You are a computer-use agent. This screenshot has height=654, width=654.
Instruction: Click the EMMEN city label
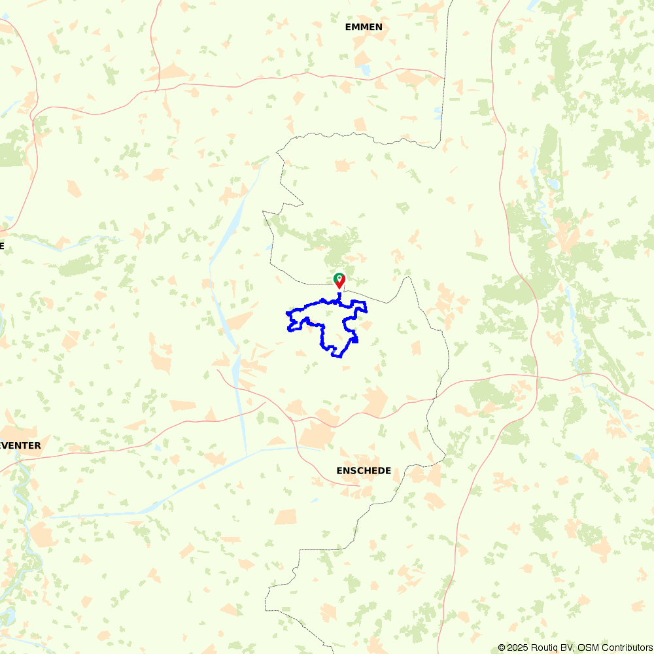coord(364,27)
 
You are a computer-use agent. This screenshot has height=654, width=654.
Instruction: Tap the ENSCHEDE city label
coord(364,470)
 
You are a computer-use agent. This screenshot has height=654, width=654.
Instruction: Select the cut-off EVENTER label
coord(20,445)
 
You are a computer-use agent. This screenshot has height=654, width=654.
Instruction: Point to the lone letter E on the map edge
coord(2,246)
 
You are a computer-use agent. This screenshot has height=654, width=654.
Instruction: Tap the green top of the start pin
coord(339,278)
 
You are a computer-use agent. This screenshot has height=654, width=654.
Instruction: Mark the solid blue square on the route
coord(354,339)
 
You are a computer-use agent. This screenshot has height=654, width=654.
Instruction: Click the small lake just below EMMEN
coord(366,68)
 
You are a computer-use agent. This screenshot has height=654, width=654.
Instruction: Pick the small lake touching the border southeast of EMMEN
coord(438,112)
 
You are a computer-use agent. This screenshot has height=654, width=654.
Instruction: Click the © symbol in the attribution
coord(502,647)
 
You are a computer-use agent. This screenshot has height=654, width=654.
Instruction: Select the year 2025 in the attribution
coord(518,647)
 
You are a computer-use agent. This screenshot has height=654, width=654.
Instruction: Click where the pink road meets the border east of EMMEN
coord(445,78)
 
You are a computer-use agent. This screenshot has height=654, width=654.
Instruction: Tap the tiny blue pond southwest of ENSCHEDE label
coord(315,501)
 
